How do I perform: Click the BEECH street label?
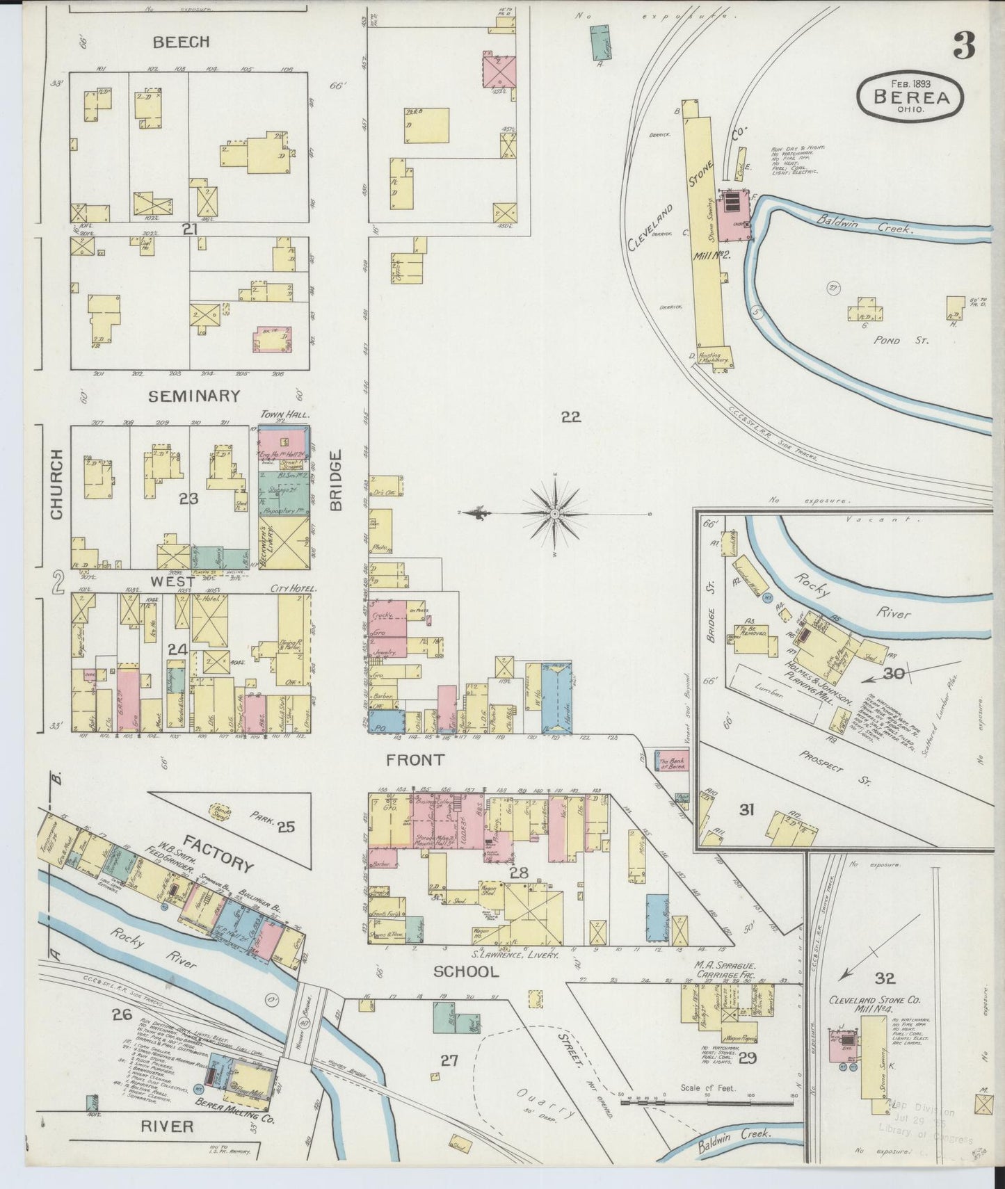[x=181, y=42]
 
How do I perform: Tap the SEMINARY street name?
[x=194, y=396]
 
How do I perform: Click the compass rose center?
[x=555, y=513]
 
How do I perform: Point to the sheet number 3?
[x=963, y=47]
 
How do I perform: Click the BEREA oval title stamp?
[x=911, y=97]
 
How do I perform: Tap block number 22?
[x=570, y=416]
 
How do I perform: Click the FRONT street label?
[x=415, y=760]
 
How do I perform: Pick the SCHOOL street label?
[x=466, y=971]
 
